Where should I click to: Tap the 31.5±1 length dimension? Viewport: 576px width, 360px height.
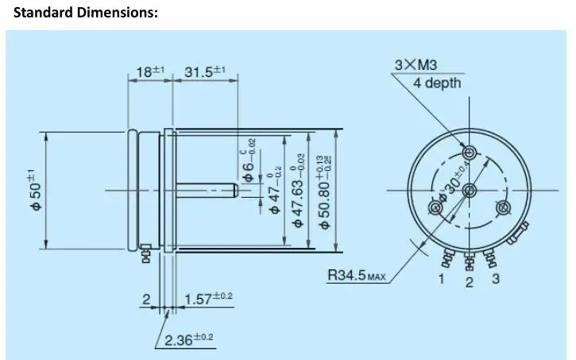pos(205,72)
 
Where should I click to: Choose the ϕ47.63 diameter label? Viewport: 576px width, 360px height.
pos(298,190)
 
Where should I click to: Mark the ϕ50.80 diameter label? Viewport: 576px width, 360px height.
pos(325,192)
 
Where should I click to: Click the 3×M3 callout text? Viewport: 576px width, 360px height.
pos(416,65)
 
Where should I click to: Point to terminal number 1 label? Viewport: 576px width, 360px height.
pos(442,279)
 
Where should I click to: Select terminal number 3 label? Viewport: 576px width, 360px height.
pos(496,278)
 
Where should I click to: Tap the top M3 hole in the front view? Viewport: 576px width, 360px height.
pos(470,153)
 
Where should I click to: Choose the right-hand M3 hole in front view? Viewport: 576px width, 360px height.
pos(502,208)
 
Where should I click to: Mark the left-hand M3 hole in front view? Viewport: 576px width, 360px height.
pos(436,208)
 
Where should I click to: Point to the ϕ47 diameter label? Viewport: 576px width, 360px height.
pos(274,192)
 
